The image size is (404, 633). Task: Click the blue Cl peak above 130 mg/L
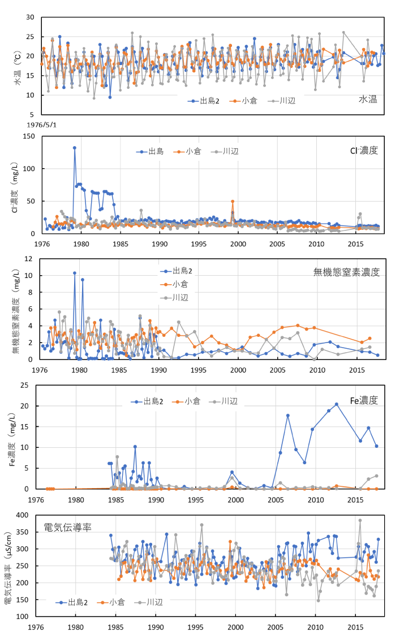click(75, 148)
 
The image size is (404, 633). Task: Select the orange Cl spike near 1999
click(232, 201)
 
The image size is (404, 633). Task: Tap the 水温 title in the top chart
click(368, 99)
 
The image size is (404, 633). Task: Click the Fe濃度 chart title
click(364, 400)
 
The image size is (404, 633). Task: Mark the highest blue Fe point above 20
click(337, 404)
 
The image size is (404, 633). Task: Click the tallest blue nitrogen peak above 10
click(75, 273)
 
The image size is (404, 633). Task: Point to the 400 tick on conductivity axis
click(24, 515)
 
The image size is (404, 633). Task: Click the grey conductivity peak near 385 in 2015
click(360, 520)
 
